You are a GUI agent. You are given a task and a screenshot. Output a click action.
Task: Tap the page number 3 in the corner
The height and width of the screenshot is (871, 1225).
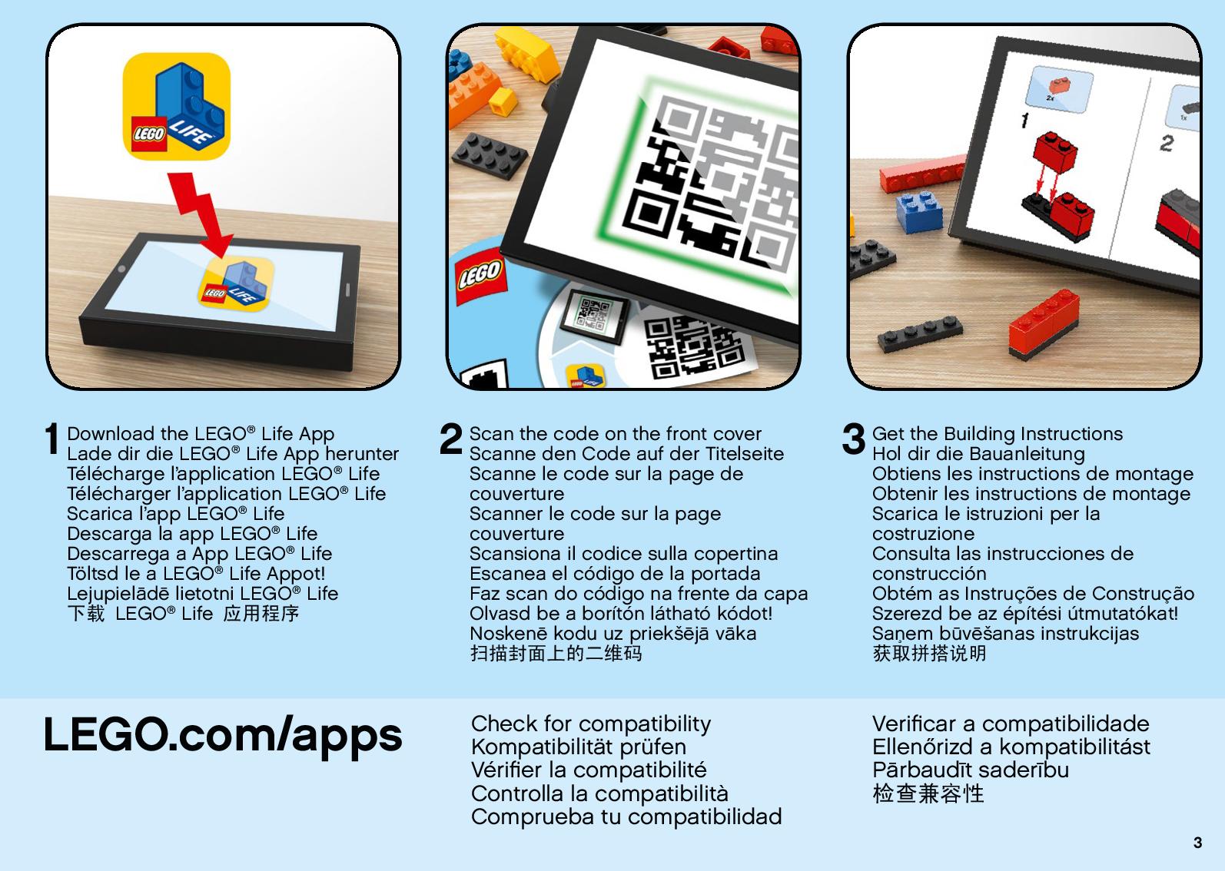(1197, 843)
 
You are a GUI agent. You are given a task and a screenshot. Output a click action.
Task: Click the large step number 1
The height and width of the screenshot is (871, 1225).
(51, 439)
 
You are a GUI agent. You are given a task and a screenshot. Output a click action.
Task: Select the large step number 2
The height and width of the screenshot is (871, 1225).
(450, 439)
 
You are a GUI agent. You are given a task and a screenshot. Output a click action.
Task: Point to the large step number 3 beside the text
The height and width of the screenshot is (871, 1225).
(854, 439)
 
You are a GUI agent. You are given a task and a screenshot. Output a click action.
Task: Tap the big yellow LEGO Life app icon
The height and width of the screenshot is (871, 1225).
(176, 106)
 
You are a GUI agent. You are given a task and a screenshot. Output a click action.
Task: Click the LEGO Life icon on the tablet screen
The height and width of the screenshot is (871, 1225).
(236, 284)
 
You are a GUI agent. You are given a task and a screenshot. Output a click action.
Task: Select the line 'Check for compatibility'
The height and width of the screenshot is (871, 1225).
(591, 724)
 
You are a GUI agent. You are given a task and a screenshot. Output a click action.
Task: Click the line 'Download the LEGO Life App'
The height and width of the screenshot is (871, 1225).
(201, 434)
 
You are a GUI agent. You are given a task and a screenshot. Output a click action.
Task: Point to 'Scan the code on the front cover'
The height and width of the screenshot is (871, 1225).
(616, 434)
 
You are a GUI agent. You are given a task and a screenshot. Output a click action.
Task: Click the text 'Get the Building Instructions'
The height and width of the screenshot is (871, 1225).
(998, 434)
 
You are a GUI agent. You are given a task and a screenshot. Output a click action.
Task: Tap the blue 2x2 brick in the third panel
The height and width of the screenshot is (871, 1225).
(919, 211)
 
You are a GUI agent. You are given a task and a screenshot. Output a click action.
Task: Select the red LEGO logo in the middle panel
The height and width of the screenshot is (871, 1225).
(480, 276)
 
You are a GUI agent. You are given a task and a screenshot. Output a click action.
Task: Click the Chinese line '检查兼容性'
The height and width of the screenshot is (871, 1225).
(928, 793)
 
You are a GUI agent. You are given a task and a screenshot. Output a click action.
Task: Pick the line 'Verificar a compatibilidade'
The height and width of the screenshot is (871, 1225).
(1011, 724)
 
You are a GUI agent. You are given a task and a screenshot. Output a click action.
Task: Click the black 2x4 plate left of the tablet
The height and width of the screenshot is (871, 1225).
(490, 155)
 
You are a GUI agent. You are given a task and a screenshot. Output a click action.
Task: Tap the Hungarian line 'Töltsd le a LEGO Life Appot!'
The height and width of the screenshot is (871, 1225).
(196, 573)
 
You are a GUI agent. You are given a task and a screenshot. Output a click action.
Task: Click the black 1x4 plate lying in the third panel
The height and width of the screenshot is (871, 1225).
(920, 332)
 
